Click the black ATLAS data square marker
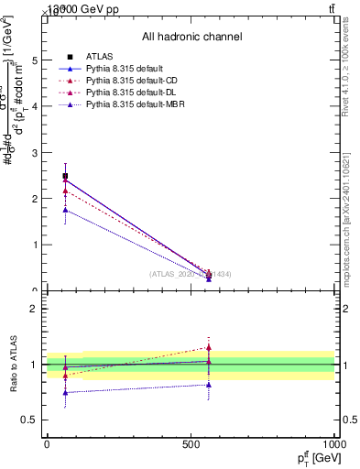[65, 176]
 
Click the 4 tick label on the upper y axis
[36, 106]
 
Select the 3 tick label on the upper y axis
[36, 152]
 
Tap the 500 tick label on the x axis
[191, 443]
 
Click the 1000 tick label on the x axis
[333, 443]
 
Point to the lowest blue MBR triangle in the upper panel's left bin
[65, 210]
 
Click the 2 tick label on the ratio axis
[36, 309]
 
